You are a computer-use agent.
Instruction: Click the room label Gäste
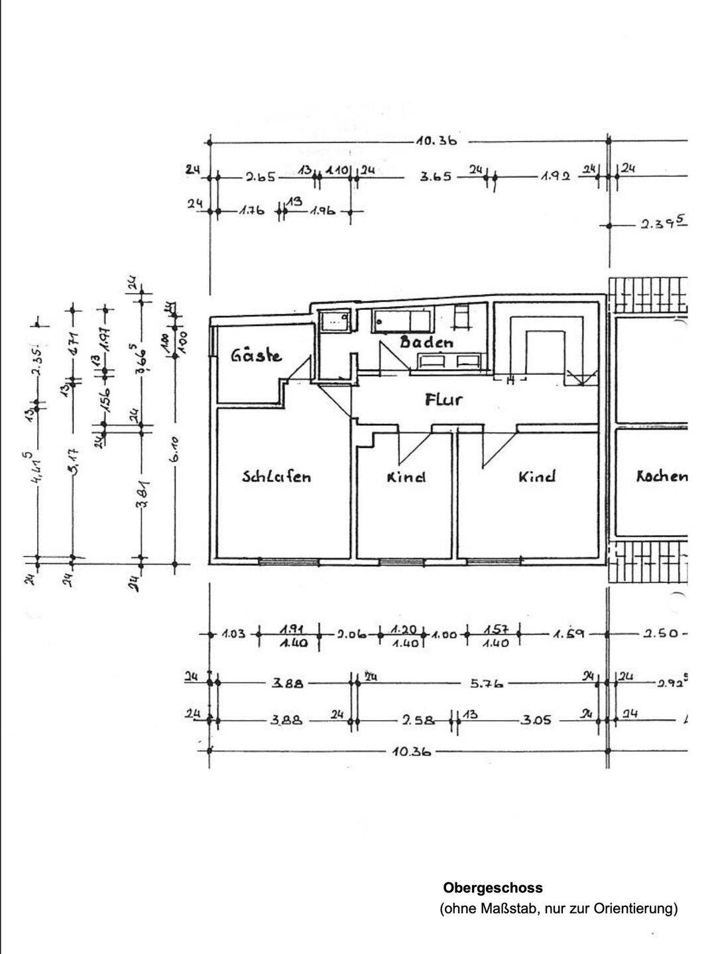point(256,356)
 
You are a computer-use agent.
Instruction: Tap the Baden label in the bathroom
point(426,343)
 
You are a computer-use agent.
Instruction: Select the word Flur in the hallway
point(443,399)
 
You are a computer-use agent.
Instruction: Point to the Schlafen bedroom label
point(276,476)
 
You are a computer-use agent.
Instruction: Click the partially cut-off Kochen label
point(661,476)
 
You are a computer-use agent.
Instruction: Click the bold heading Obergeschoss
point(493,888)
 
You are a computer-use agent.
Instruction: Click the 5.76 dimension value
point(487,683)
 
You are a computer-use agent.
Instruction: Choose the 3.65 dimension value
point(436,177)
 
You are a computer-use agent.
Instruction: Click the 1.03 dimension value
point(233,634)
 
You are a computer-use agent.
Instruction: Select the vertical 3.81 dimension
point(141,494)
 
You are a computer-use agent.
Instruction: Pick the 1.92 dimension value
point(555,177)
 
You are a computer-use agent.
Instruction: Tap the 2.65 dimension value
point(261,177)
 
